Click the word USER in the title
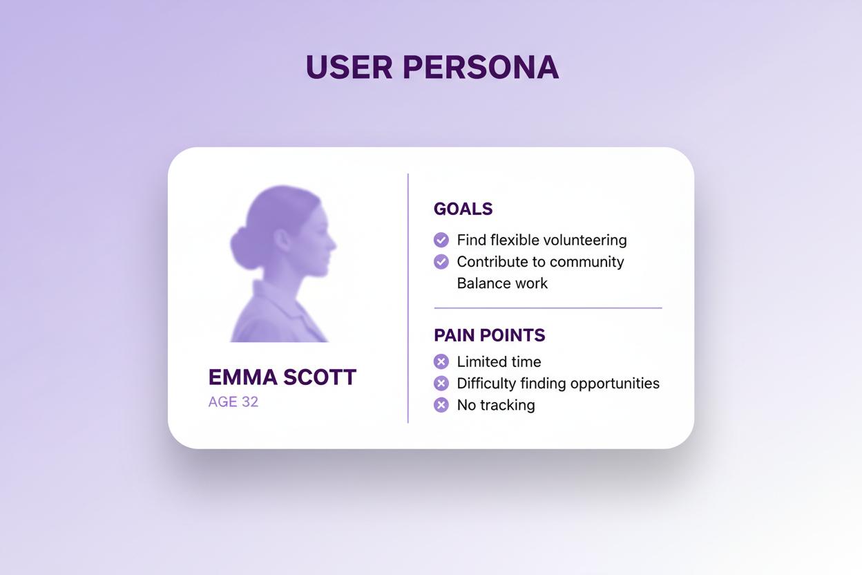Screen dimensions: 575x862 349,67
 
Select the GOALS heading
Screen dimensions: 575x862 463,209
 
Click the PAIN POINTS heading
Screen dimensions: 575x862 489,335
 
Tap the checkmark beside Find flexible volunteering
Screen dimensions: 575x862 441,240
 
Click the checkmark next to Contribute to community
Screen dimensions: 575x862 441,262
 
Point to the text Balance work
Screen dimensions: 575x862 502,283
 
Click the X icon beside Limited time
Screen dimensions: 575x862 441,361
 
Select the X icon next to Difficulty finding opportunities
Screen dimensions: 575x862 441,383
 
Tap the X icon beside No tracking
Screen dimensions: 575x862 441,405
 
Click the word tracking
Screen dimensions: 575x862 507,405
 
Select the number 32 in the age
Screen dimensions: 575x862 249,402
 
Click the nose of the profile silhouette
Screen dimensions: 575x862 332,244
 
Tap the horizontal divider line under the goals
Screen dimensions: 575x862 548,308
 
